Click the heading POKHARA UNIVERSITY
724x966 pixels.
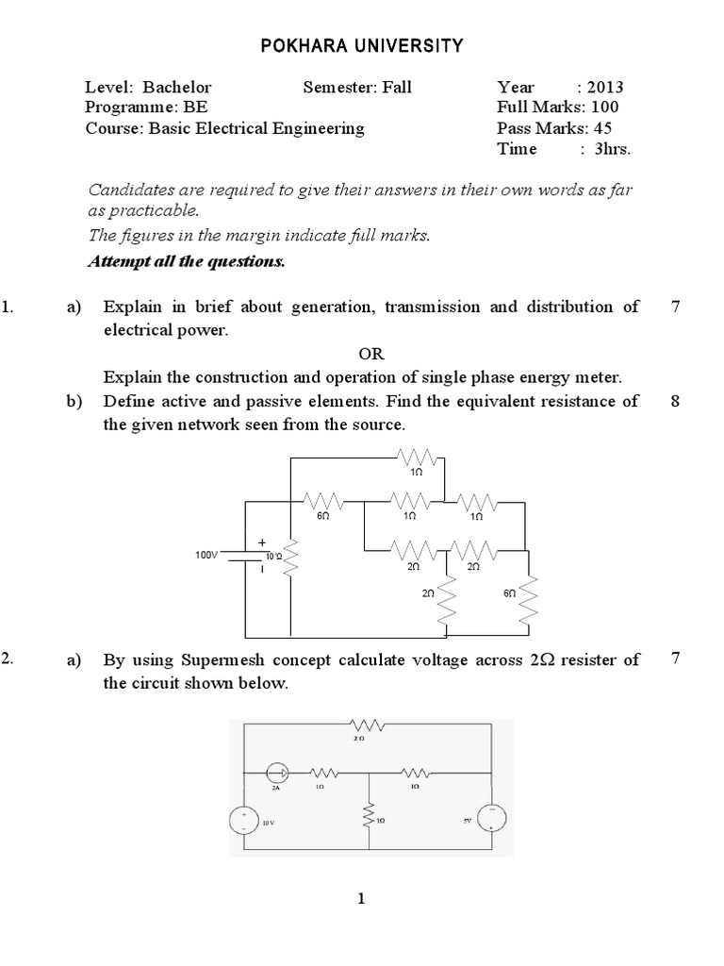[362, 44]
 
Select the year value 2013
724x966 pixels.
[604, 88]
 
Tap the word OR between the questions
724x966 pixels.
[371, 354]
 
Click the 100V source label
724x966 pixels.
[207, 556]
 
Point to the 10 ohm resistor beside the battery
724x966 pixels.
[291, 558]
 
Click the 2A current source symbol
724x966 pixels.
[276, 770]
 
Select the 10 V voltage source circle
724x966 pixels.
[244, 821]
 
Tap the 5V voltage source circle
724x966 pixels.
[492, 820]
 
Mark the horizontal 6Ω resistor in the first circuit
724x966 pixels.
[321, 503]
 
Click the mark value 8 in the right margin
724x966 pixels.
[675, 402]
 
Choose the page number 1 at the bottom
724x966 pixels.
[362, 899]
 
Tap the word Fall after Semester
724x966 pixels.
[396, 88]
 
